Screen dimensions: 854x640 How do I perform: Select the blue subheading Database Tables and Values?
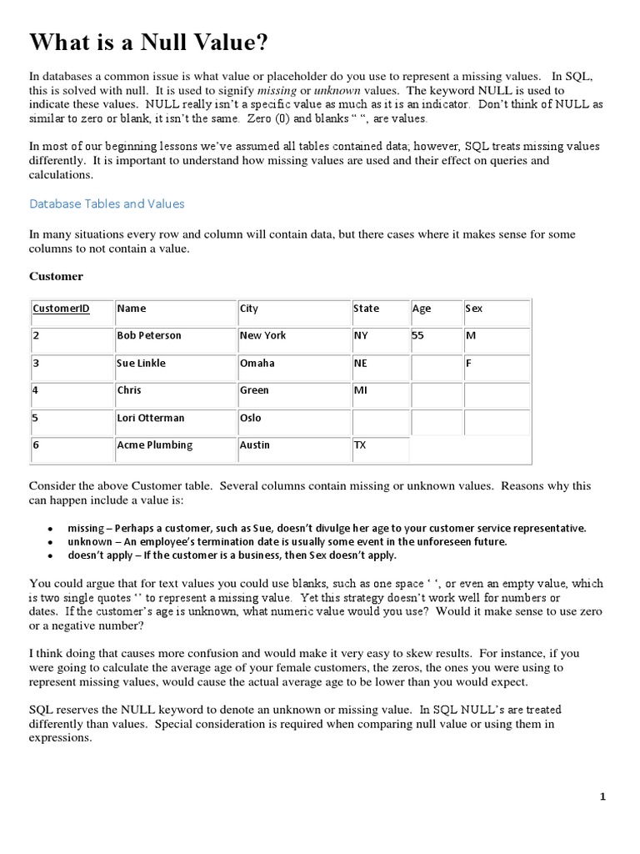click(x=107, y=203)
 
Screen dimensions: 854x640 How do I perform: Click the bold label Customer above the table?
click(x=56, y=275)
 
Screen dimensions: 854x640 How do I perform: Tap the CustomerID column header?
click(x=61, y=309)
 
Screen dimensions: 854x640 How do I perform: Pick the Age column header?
click(x=422, y=309)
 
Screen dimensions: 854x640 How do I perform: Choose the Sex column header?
click(x=474, y=309)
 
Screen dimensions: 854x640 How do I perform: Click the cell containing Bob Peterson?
click(x=149, y=335)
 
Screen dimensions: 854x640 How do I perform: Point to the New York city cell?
click(x=262, y=335)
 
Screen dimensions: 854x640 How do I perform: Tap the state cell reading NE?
click(x=360, y=364)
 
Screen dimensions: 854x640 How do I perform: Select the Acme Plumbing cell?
click(x=154, y=445)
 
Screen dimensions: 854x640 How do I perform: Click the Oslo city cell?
click(x=251, y=418)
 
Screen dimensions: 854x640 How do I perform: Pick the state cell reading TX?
click(x=360, y=445)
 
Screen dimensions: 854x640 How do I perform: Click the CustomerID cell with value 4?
click(x=37, y=390)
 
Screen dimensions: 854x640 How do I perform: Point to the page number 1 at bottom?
click(x=602, y=797)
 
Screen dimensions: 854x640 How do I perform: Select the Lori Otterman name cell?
click(x=151, y=418)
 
